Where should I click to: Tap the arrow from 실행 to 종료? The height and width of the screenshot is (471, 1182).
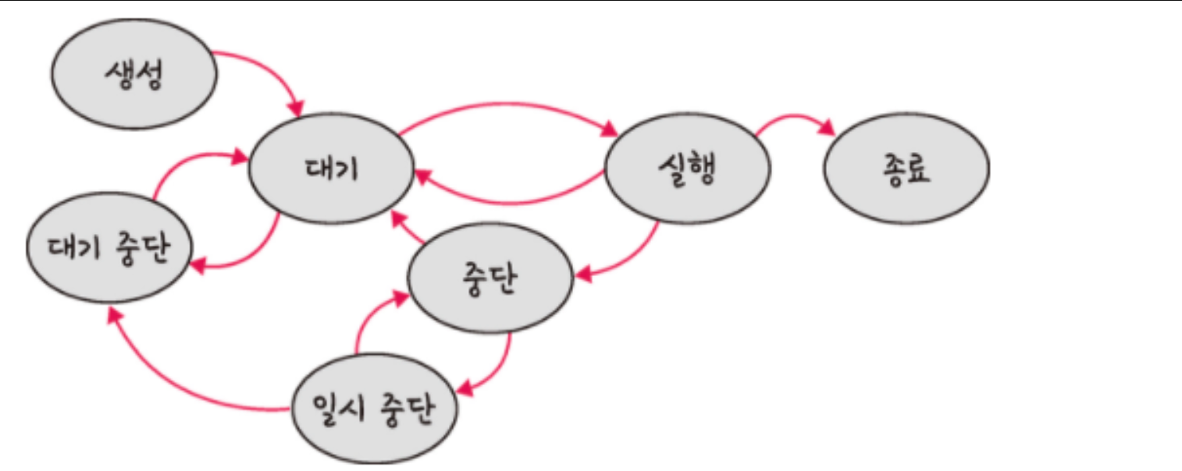[792, 119]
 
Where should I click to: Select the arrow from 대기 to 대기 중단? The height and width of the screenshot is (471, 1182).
[250, 257]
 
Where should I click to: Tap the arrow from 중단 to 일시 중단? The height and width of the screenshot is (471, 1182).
[496, 367]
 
